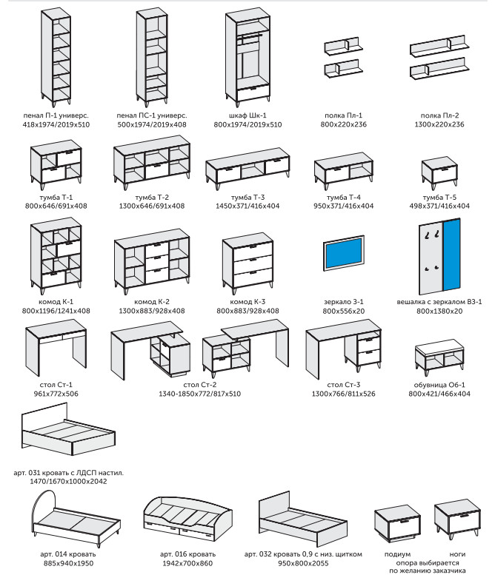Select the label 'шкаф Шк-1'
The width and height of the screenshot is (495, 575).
pos(247,116)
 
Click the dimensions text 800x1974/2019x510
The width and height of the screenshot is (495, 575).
pos(247,125)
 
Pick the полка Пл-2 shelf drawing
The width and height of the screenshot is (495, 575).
pos(439,61)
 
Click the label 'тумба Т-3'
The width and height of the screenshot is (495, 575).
pos(247,197)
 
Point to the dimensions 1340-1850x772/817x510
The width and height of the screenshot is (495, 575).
pos(199,394)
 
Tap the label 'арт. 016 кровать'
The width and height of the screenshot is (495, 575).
pos(187,554)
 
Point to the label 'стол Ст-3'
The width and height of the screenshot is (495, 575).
pos(344,386)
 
